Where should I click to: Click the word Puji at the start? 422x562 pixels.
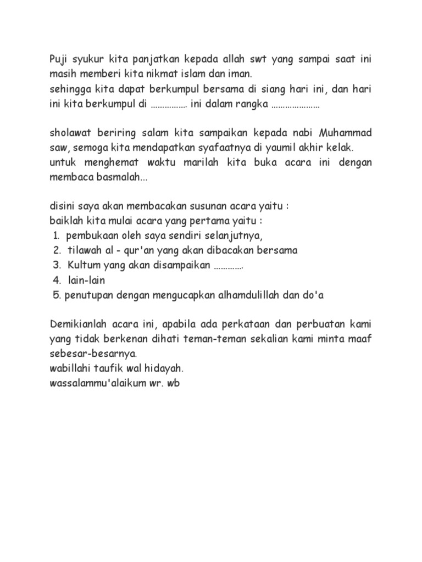[x=59, y=59]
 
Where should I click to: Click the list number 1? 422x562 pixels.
[x=56, y=236]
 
